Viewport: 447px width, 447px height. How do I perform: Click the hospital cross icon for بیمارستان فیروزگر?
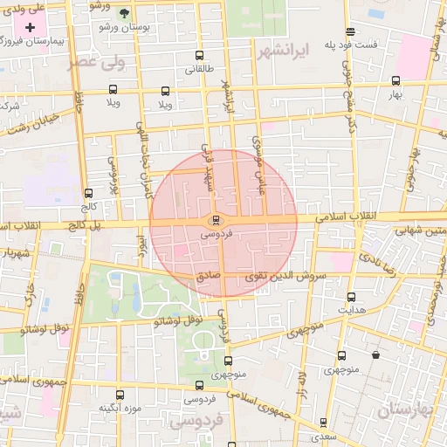click(x=31, y=28)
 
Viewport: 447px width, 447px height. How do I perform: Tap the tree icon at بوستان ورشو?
click(x=123, y=13)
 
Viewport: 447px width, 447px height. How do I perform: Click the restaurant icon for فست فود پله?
click(x=350, y=31)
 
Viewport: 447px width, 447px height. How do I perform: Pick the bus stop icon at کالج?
click(x=88, y=194)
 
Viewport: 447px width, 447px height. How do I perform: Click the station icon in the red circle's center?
click(x=216, y=219)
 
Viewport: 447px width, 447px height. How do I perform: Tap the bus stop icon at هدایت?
click(x=351, y=297)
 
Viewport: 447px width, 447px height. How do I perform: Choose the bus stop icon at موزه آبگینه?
click(x=120, y=395)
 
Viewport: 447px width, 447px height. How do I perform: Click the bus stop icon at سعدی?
click(x=323, y=422)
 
